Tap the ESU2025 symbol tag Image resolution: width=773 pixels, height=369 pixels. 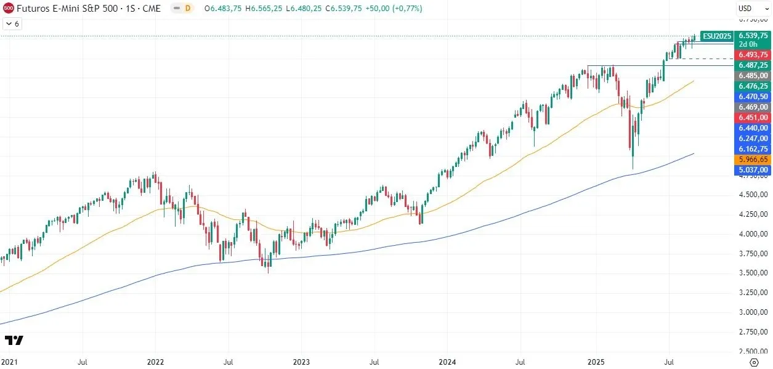coord(717,36)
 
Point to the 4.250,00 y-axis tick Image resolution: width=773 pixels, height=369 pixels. coord(754,214)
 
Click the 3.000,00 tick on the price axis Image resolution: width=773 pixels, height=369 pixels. coord(754,312)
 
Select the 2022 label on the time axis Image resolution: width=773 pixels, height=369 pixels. coord(155,362)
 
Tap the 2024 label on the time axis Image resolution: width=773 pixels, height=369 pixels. coord(449,362)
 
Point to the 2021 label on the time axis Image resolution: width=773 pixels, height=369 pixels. coord(9,362)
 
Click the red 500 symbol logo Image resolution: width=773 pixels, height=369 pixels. coord(9,9)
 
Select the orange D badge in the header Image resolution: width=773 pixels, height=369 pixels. coord(188,9)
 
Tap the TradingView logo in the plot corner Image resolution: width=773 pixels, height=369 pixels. coord(14,340)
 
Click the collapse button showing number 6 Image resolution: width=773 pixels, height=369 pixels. coord(12,24)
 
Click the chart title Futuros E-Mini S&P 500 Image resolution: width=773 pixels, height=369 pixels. coord(89,9)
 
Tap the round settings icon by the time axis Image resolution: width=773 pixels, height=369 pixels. coord(753,362)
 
